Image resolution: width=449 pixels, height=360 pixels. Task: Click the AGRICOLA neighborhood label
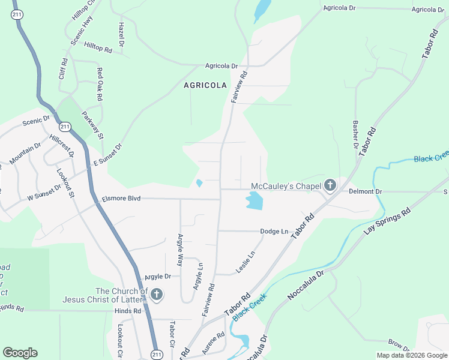click(x=205, y=85)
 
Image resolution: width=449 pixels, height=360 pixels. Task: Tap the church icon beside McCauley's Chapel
click(x=330, y=186)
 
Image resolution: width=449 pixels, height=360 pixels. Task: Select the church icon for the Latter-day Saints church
click(x=156, y=295)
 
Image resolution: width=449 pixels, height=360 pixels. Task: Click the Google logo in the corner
click(x=20, y=353)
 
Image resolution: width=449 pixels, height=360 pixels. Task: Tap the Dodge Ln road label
click(x=274, y=231)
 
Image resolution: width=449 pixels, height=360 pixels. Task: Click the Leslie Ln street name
click(x=246, y=262)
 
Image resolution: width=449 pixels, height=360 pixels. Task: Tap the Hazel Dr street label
click(x=121, y=35)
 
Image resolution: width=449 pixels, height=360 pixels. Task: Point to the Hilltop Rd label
click(x=98, y=46)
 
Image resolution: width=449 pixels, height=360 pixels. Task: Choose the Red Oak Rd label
click(x=100, y=84)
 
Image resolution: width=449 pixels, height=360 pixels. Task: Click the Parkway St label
click(x=93, y=124)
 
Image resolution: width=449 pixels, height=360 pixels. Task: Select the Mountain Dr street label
click(x=25, y=153)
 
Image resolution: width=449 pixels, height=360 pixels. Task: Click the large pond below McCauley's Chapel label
click(x=255, y=200)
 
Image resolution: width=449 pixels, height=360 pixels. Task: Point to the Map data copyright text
click(x=412, y=355)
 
